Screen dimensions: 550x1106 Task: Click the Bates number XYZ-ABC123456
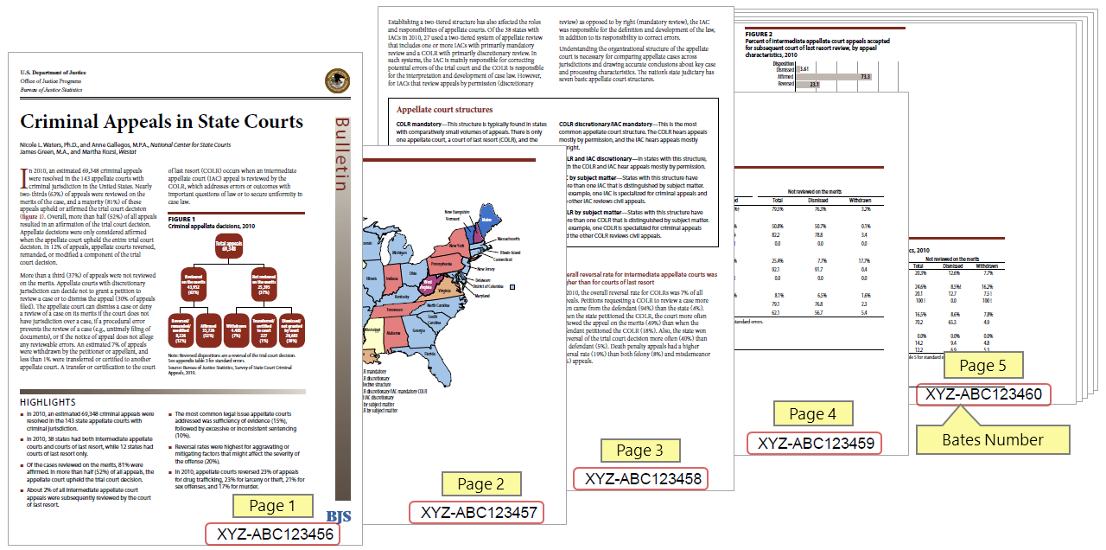coord(270,534)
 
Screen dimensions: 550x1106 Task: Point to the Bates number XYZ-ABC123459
coord(814,444)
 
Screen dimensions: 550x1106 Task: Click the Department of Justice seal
coord(337,80)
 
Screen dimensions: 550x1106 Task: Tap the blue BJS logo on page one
coord(338,517)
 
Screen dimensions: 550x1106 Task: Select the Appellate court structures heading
coord(444,110)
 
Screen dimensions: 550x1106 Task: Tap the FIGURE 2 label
coord(759,34)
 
